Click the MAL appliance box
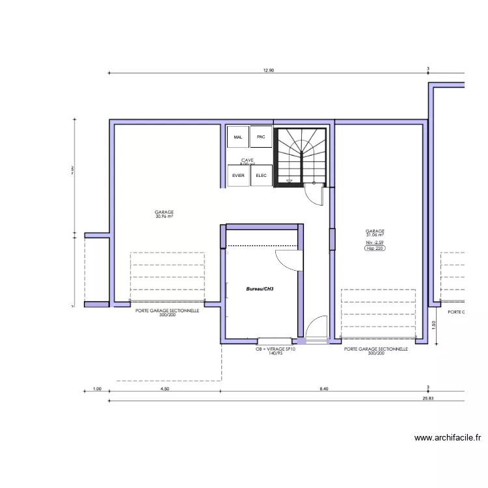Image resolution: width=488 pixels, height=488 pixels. point(237,137)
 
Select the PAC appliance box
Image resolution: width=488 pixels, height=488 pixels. point(261,137)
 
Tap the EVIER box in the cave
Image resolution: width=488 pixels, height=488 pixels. point(237,176)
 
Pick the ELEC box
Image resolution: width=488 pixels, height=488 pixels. point(261,176)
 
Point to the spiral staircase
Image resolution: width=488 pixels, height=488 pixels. point(300,156)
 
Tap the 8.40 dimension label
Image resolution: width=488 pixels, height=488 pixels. point(323,388)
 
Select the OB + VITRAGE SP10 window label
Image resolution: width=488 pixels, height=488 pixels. point(276,349)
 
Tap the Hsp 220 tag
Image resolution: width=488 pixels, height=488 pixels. point(375,248)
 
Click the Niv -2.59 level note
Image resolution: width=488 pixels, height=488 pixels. point(375,242)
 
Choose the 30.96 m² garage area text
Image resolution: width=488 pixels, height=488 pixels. point(164,217)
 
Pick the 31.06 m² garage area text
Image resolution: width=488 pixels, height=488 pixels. point(375,235)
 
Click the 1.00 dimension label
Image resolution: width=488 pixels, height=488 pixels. point(97,388)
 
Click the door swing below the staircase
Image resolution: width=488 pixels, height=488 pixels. point(315,195)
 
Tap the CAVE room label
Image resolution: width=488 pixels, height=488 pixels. point(247,160)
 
